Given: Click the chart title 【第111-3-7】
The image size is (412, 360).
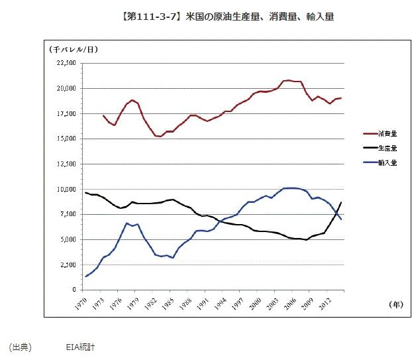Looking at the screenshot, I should point(120,15).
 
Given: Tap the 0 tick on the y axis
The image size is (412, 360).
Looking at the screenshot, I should point(74,290).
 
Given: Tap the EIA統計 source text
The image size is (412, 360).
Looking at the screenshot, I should point(81,347).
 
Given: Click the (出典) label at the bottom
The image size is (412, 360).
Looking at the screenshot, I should point(20,347).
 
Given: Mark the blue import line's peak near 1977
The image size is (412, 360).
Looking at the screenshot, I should point(126,223).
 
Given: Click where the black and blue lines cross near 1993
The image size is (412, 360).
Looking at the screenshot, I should point(219,221).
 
